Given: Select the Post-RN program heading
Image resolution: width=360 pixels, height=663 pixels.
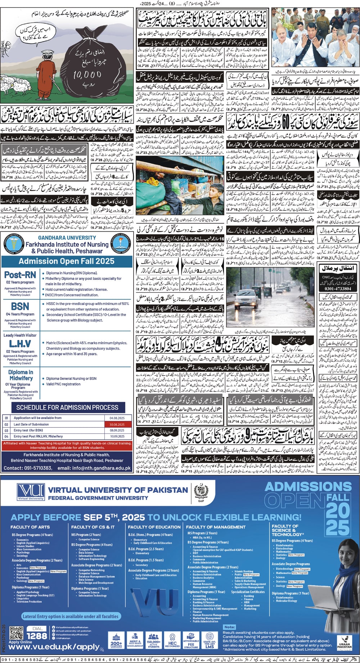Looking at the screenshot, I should [x=20, y=274].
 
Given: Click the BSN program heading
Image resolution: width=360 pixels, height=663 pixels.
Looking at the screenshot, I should [x=20, y=306].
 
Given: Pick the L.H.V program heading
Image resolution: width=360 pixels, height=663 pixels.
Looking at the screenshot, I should [x=20, y=344].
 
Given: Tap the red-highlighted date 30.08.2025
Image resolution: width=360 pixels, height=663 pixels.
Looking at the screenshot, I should [x=117, y=424].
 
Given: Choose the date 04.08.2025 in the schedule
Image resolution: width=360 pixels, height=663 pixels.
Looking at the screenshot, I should [x=117, y=418].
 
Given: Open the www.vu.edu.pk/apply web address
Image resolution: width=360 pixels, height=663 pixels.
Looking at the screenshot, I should [x=54, y=647].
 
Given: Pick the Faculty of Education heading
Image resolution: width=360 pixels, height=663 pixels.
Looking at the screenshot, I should [x=154, y=527].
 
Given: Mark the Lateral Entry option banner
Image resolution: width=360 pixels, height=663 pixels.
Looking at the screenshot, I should [x=71, y=616].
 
